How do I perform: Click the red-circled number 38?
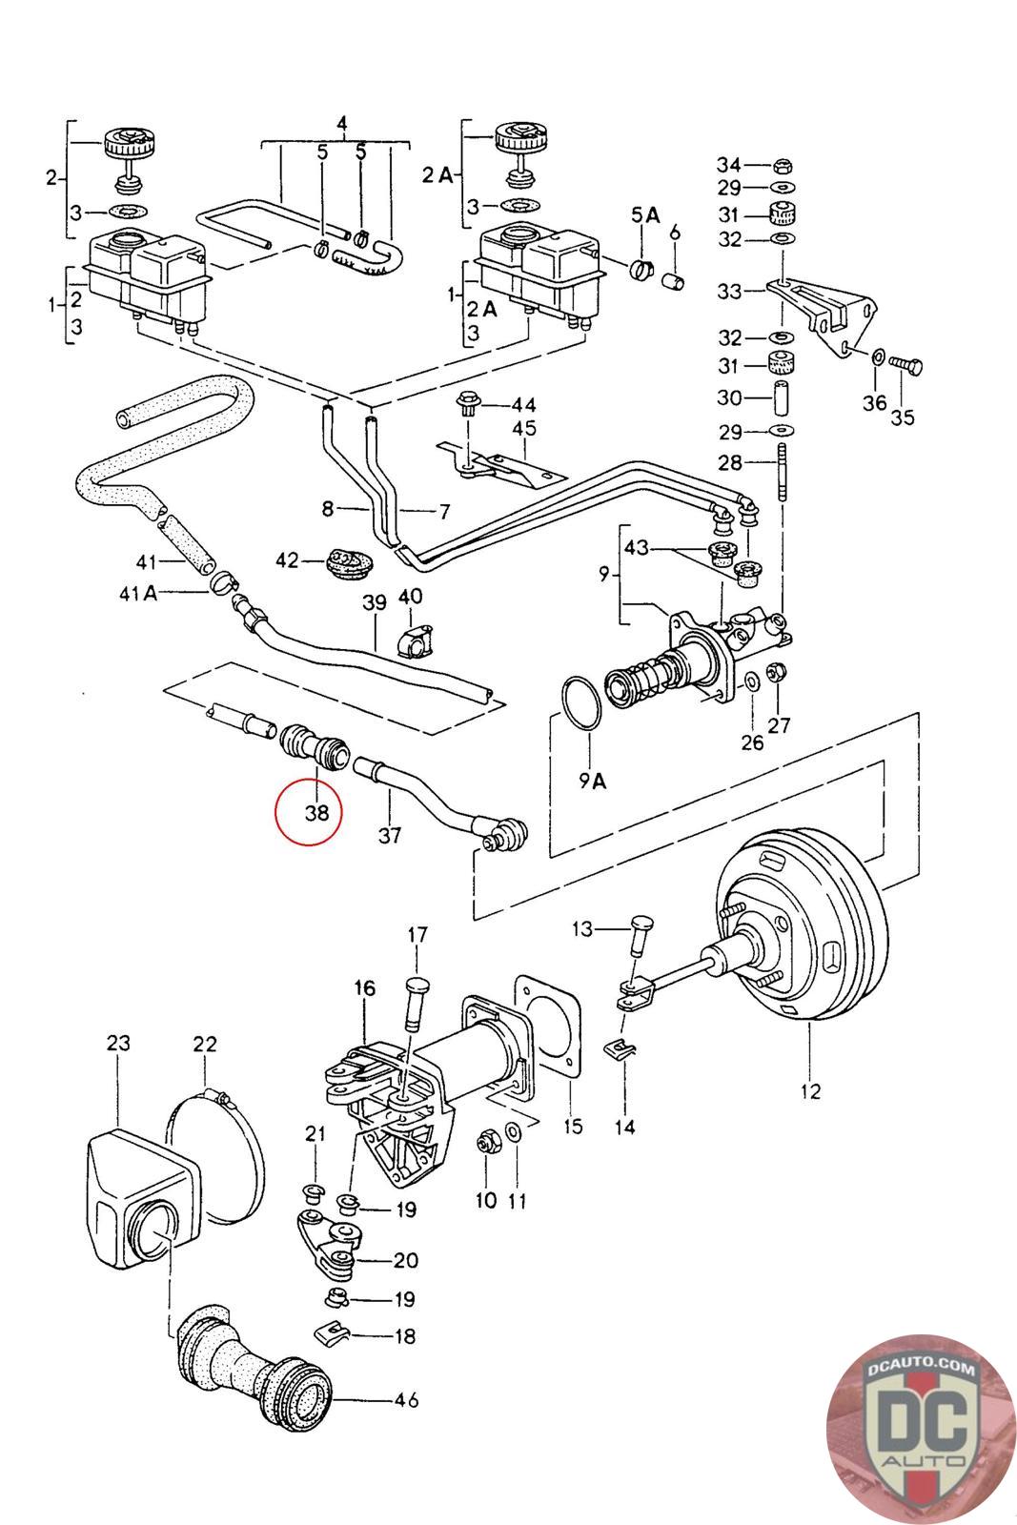[307, 813]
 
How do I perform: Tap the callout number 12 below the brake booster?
[809, 1091]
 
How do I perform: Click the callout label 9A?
[592, 783]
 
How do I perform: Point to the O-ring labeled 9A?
[579, 704]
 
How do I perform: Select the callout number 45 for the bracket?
[524, 428]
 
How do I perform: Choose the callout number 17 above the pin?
[418, 935]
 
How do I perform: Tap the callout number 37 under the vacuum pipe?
[390, 836]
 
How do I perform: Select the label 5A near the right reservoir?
[645, 215]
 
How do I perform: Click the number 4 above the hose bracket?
[342, 123]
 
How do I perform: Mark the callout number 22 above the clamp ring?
[205, 1045]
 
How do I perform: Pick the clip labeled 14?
[620, 1052]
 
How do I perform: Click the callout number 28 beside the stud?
[729, 463]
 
